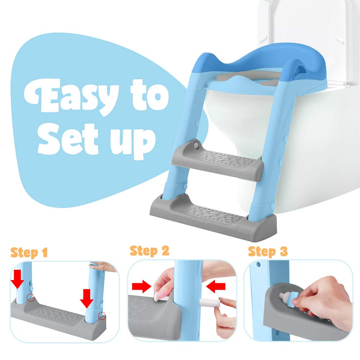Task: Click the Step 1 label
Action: pyautogui.click(x=29, y=253)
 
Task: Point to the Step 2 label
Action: pyautogui.click(x=149, y=251)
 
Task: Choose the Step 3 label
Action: pyautogui.click(x=268, y=252)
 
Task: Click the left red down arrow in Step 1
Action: pyautogui.click(x=17, y=279)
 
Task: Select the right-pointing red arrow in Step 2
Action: pyautogui.click(x=141, y=287)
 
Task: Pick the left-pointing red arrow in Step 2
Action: pyautogui.click(x=216, y=287)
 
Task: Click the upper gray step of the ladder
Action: pyautogui.click(x=217, y=161)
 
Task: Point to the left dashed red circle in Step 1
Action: pyautogui.click(x=30, y=298)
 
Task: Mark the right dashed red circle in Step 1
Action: pyautogui.click(x=102, y=316)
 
